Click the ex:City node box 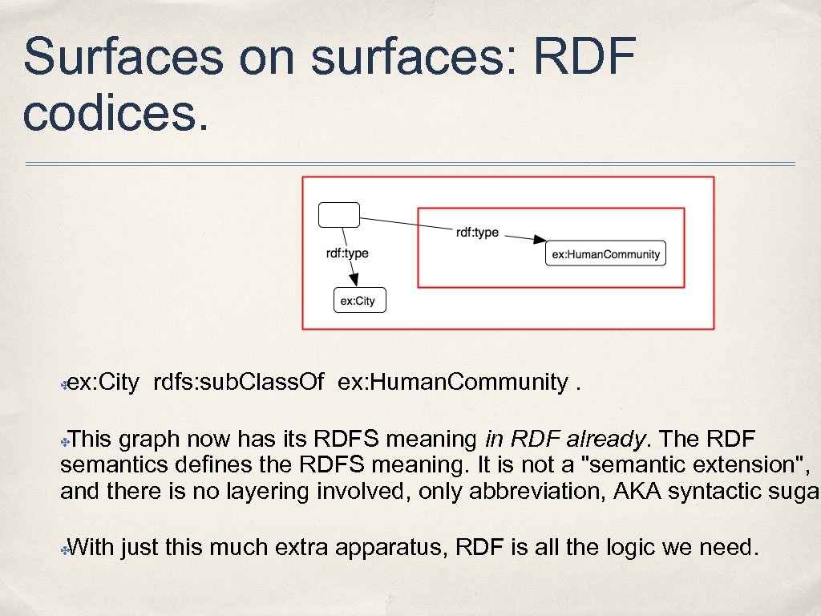pos(359,301)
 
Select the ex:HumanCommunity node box pos(606,254)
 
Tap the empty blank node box pos(339,214)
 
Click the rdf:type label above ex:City pos(347,253)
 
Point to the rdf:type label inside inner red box pos(477,233)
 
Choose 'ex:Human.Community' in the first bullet pos(453,382)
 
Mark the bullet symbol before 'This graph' pos(64,440)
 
